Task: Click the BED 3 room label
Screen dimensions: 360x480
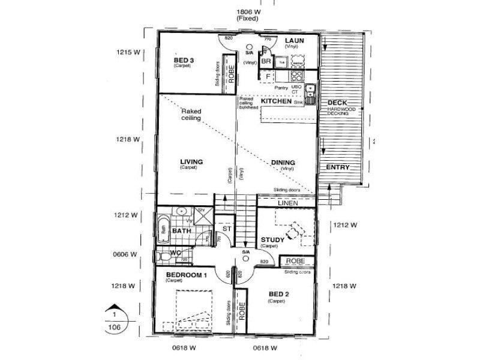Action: pos(184,60)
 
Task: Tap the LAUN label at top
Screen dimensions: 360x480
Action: pos(295,41)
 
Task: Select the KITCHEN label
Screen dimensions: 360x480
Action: pos(276,101)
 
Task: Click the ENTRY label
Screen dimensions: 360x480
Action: pos(337,167)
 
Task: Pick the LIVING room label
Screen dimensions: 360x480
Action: pos(191,161)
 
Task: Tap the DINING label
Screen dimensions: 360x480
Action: pos(283,162)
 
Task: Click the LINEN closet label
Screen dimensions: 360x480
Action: pos(287,204)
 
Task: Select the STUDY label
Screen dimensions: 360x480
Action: pos(272,240)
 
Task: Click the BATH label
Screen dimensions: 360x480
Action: pos(181,230)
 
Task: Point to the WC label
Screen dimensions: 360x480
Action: pos(175,253)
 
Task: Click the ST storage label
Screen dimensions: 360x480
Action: pos(227,229)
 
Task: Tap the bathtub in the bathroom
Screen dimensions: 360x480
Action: pos(163,230)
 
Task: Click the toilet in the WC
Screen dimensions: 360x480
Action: pos(162,257)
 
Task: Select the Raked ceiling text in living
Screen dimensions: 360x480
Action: pos(191,115)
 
